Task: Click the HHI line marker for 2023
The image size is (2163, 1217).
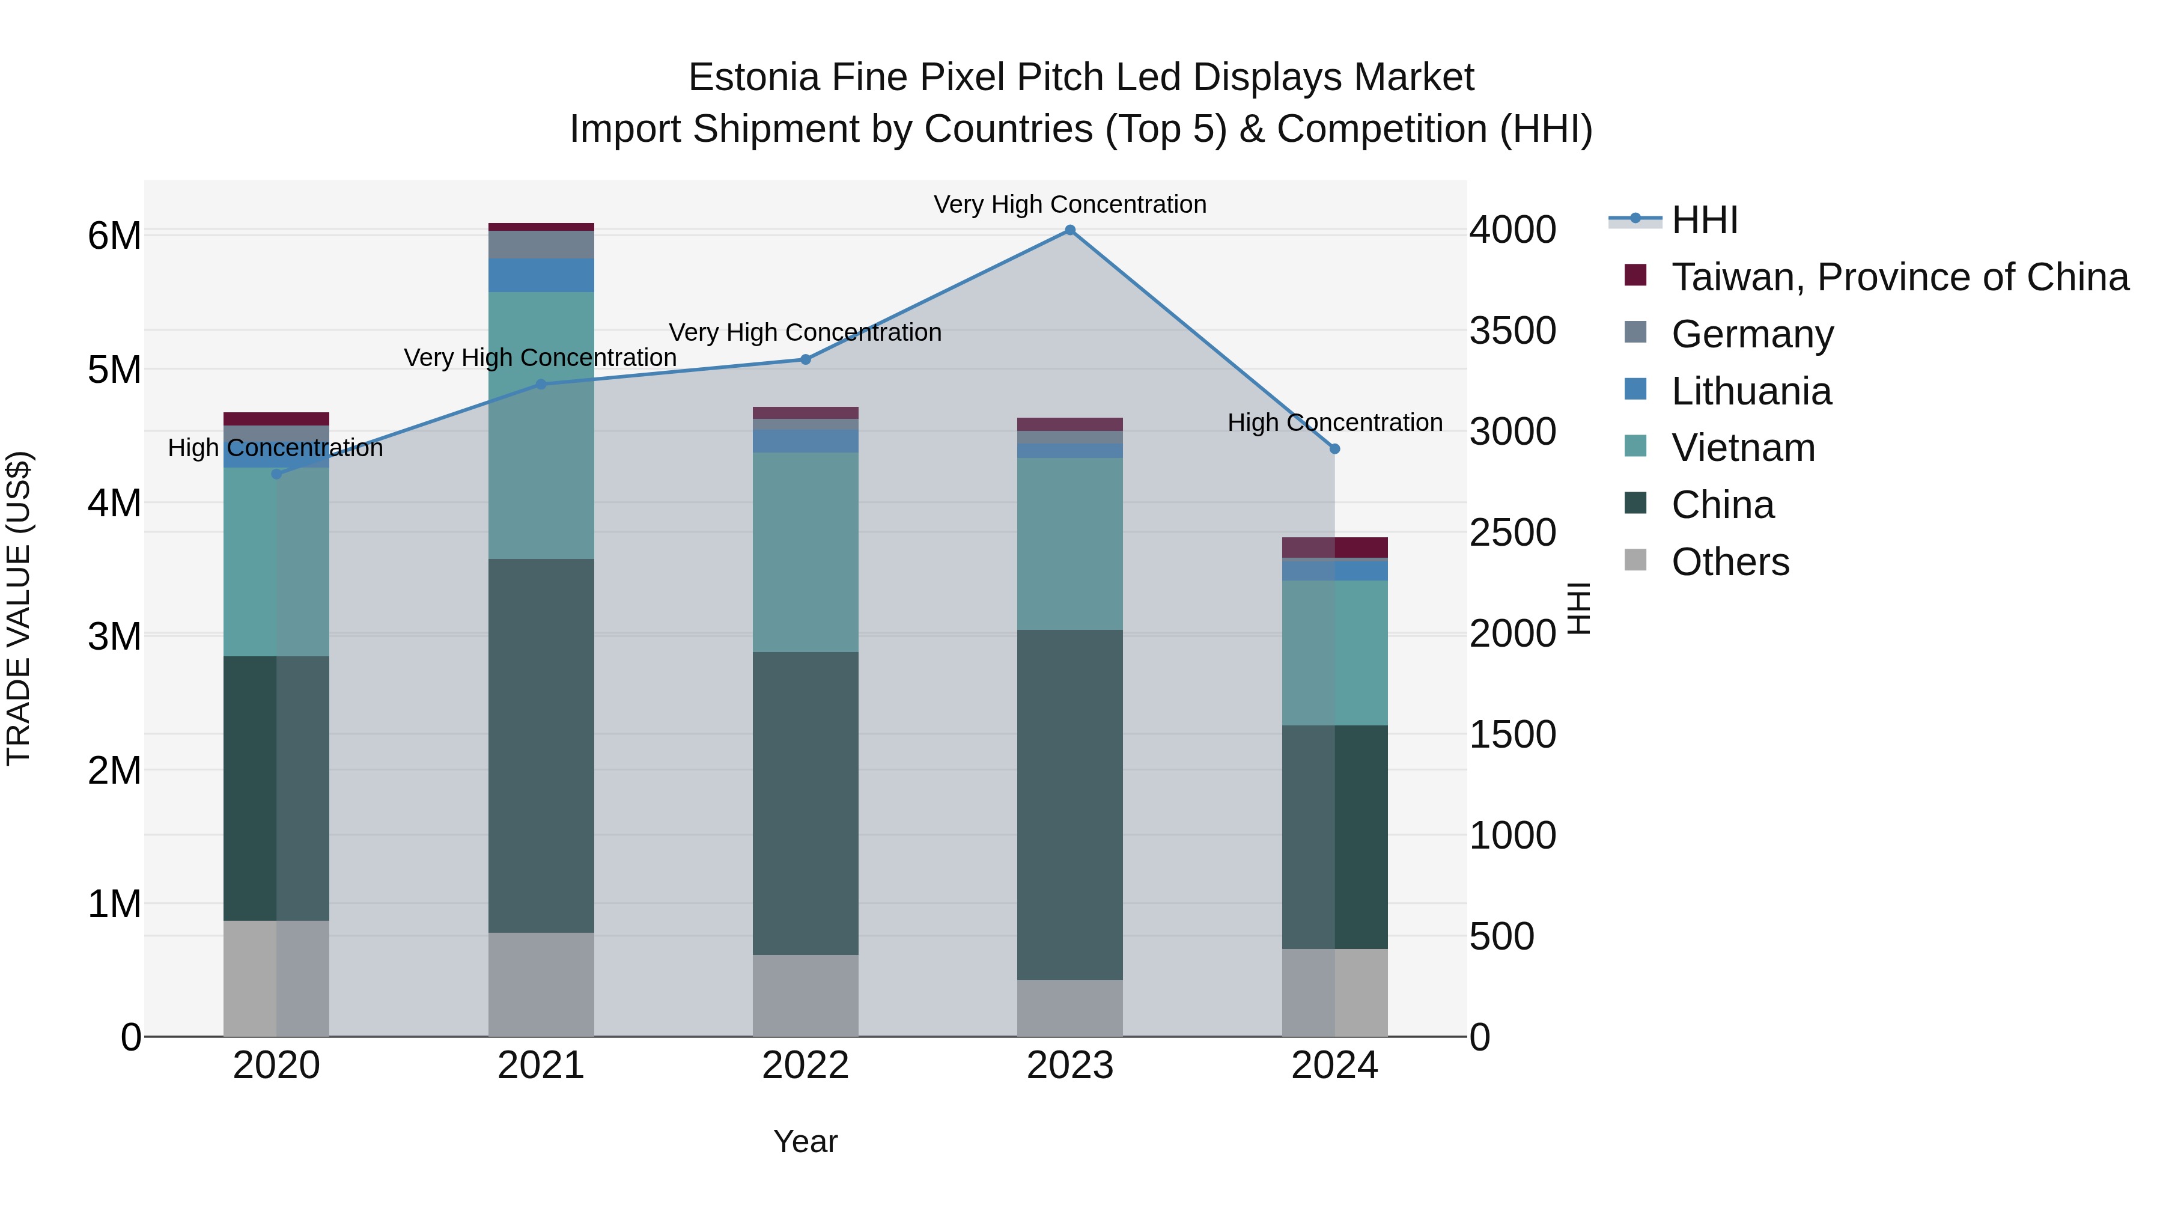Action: pos(1069,230)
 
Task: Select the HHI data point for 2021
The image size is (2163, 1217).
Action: pos(541,385)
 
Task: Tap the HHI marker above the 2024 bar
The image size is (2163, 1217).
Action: pos(1335,450)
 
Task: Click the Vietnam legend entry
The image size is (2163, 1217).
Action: pos(1742,448)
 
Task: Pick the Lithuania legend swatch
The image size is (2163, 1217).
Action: pos(1635,389)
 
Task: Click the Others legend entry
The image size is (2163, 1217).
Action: pos(1730,562)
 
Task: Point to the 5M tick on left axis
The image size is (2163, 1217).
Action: pos(114,370)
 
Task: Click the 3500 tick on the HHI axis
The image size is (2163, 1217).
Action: pos(1512,331)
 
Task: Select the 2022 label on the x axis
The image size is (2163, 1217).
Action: pos(805,1066)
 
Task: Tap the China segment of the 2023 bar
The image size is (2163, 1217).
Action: pos(1069,805)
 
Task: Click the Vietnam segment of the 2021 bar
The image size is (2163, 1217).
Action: pos(541,425)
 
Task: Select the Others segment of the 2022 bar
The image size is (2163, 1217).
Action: pos(805,995)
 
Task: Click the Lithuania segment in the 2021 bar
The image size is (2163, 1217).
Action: pos(541,275)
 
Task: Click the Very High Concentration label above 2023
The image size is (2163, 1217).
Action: pos(1069,205)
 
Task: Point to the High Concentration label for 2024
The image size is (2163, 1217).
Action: pos(1335,422)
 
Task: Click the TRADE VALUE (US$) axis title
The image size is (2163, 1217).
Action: pos(19,608)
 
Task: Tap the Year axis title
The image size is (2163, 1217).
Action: pos(805,1141)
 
